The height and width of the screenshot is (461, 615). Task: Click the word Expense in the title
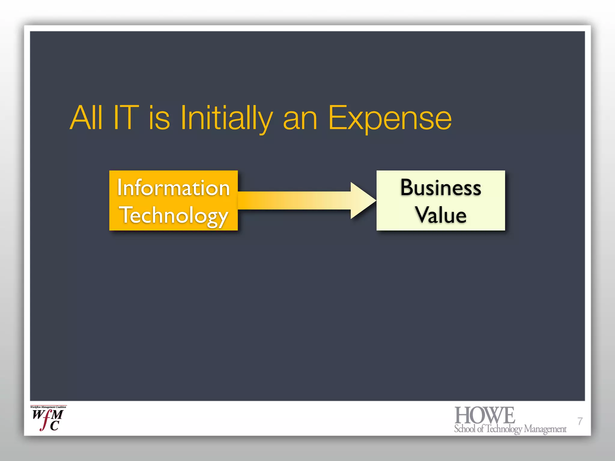tap(390, 118)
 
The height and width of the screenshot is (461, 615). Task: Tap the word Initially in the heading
tap(226, 118)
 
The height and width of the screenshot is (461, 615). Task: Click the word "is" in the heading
tap(159, 118)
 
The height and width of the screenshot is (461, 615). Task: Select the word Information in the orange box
tap(173, 188)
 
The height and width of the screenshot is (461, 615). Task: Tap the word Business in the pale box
tap(441, 188)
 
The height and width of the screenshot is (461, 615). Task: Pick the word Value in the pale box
tap(441, 215)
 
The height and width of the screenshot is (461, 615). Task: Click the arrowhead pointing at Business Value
tap(363, 200)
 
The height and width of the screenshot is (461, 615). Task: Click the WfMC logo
tap(48, 419)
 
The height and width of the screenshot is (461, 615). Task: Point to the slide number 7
tap(580, 421)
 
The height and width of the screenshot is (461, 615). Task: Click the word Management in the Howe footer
tap(545, 429)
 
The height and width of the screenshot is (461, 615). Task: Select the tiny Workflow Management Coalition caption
tap(48, 407)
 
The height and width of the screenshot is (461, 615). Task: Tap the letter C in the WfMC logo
tap(55, 426)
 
